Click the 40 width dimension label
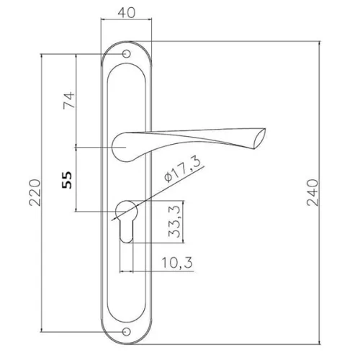point(127,12)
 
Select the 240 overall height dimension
point(312,192)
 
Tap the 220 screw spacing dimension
point(35,192)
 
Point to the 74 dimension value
point(69,100)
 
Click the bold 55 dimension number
point(67,180)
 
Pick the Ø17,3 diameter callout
point(182,170)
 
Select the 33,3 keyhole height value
point(174,222)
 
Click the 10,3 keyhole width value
point(177,262)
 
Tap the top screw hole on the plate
point(126,54)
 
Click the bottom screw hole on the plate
point(126,332)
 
